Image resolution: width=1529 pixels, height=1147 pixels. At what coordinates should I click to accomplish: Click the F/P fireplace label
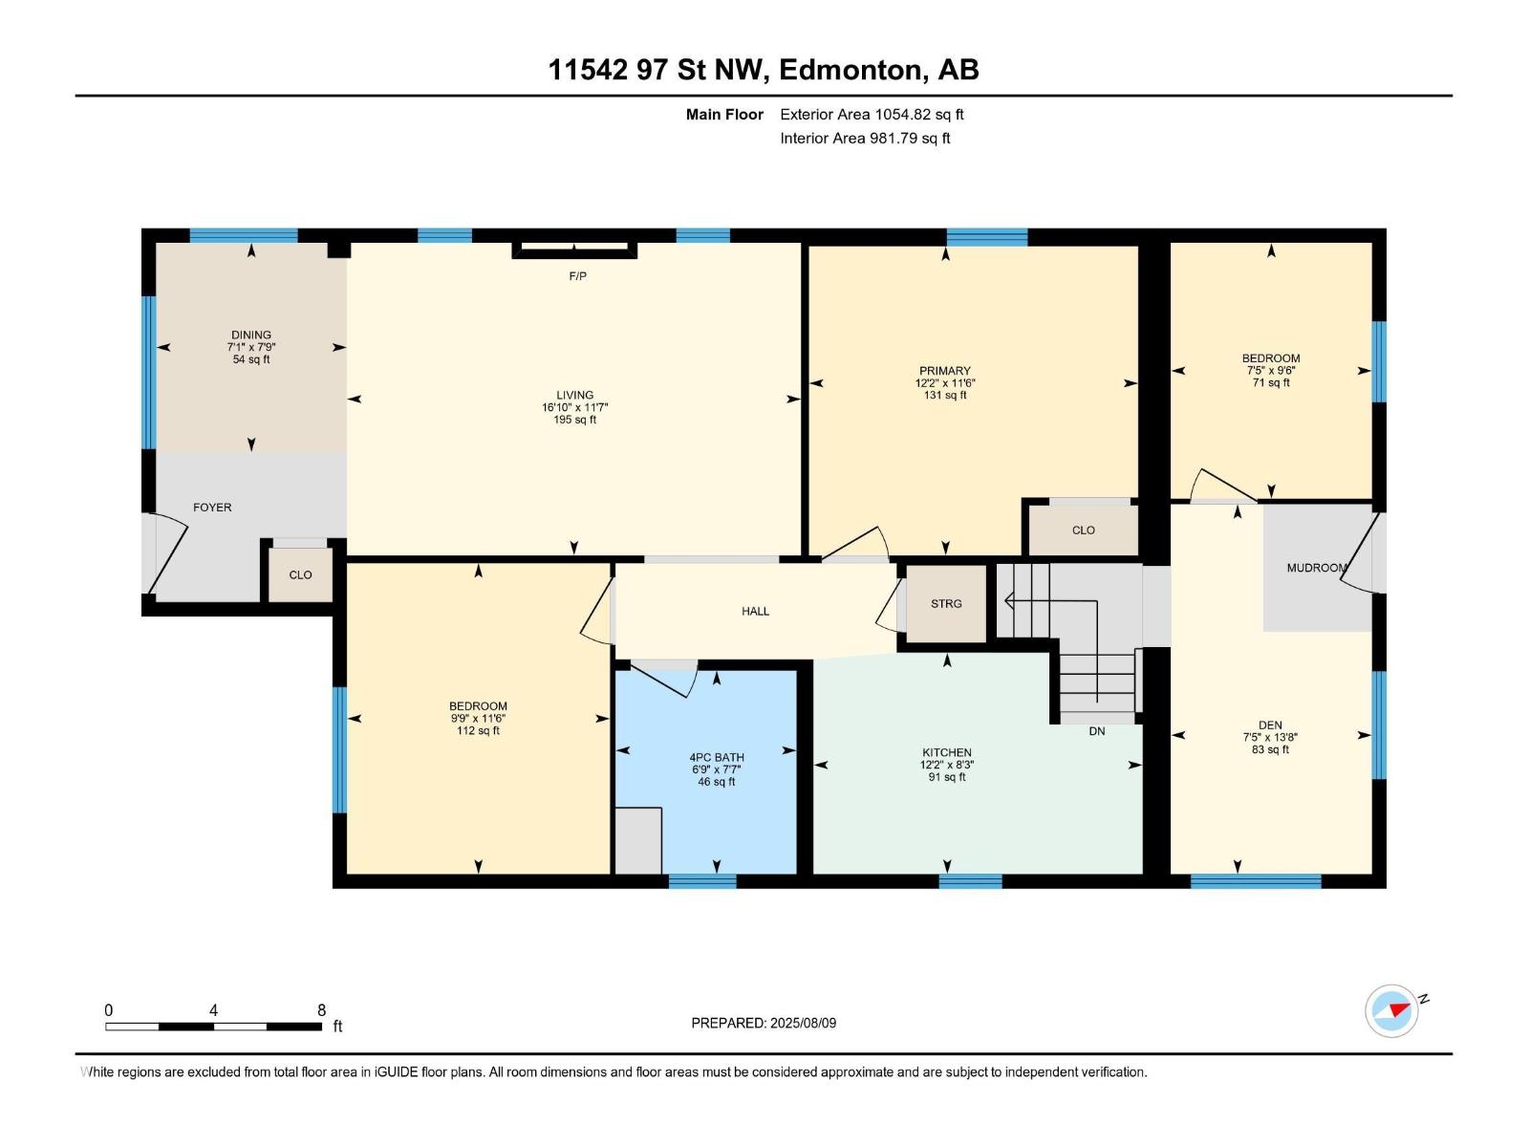577,276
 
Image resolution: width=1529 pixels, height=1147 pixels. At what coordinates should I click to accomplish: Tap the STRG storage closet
946,604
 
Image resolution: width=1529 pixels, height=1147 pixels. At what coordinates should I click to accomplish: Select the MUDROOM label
1317,568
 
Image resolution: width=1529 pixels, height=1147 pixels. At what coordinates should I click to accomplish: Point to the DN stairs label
1097,731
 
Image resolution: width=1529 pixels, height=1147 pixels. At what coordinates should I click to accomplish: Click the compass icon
1391,1010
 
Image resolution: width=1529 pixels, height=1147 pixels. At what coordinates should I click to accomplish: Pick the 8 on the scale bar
321,1009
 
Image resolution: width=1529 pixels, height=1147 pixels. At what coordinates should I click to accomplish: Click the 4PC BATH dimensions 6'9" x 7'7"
716,769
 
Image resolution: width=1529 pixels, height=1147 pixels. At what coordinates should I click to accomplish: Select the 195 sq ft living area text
574,420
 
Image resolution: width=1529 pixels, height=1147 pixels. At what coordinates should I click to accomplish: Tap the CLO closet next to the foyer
300,575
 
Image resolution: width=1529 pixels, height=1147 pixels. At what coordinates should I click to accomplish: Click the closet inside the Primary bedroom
1083,530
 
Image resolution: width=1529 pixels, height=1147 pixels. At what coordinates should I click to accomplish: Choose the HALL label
755,612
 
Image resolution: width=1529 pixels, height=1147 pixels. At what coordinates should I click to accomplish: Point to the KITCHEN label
947,752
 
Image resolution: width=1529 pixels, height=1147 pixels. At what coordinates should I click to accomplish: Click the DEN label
1270,725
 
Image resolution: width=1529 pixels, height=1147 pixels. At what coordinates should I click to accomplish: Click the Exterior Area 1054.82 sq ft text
872,115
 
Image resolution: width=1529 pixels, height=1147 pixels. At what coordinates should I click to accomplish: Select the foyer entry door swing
165,553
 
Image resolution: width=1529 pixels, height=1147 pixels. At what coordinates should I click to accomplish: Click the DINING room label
250,335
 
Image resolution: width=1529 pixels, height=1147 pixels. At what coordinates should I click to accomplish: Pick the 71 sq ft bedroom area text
1271,383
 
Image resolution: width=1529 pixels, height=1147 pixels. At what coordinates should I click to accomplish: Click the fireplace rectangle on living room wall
574,250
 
